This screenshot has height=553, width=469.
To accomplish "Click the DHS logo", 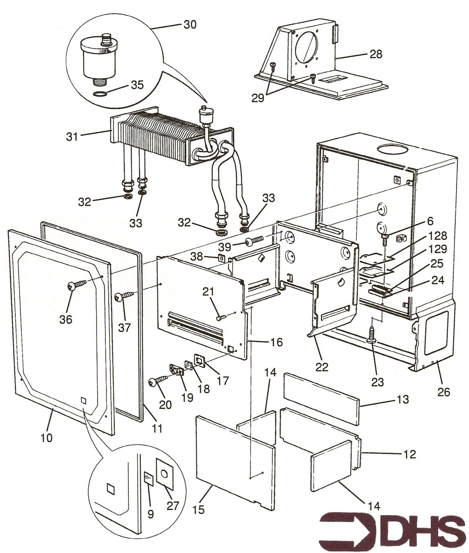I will coord(393,528).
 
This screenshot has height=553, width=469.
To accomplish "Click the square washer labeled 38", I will coord(221,257).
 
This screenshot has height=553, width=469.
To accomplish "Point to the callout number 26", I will coord(444,391).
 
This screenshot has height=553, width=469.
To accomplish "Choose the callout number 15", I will coord(199,509).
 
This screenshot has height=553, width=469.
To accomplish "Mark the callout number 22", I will coord(322,366).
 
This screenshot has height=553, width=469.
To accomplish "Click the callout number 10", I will coord(47,437).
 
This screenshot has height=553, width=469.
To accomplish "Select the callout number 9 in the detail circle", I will coord(151,514).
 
